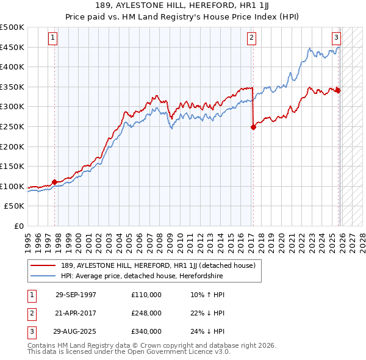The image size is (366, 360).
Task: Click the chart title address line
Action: pos(183,5)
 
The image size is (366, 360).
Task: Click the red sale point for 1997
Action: pos(54,182)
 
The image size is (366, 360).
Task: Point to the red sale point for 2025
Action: pos(339,90)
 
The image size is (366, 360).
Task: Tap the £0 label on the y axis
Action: pos(18,226)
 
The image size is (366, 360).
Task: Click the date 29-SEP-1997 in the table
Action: pos(76,295)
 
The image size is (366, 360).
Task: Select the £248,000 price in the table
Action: pos(146,313)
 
